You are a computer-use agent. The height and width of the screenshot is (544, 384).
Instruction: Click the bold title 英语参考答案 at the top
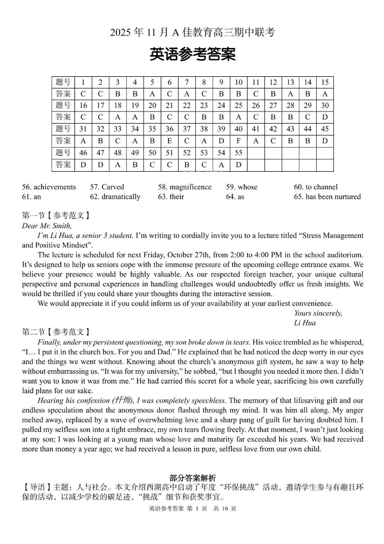192,54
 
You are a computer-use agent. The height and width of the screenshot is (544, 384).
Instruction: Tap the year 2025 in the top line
121,33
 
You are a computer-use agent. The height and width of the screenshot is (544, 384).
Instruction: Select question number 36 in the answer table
169,129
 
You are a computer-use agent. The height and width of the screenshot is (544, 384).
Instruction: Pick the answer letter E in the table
169,141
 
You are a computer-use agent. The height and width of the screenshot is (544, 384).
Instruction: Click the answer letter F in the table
238,141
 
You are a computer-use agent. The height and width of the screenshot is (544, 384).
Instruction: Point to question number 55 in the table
238,153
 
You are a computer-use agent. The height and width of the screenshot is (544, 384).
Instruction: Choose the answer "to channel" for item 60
322,187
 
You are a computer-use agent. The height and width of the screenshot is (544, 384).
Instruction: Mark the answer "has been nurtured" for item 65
333,197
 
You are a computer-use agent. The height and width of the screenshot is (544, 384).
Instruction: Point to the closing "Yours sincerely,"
318,313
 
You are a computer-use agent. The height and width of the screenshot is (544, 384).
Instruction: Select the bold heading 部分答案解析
193,478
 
